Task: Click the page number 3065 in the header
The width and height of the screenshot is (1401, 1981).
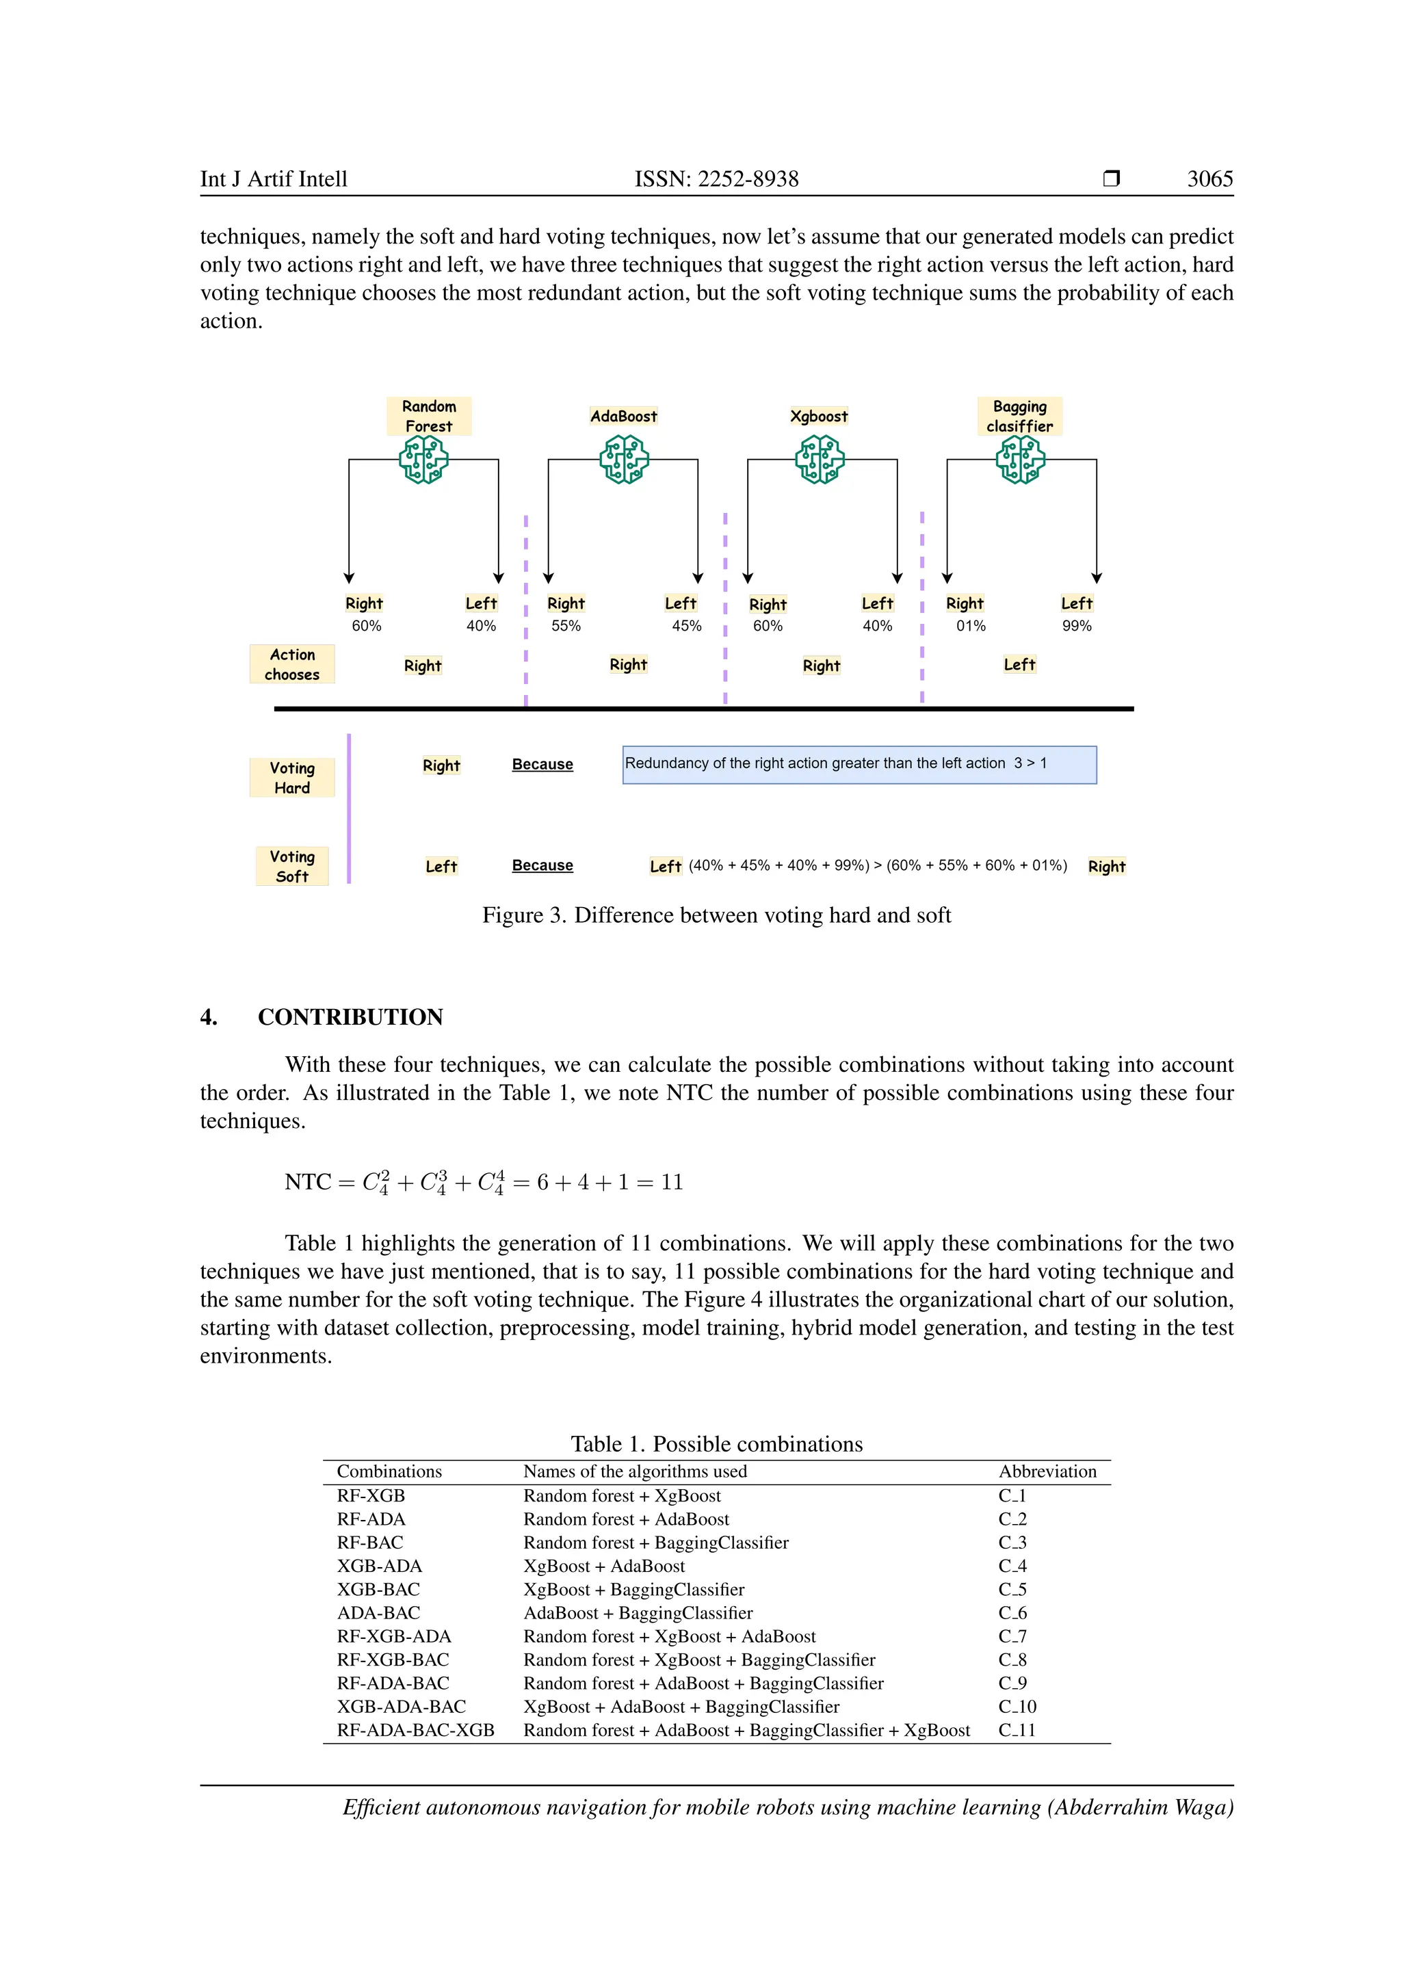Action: tap(1209, 179)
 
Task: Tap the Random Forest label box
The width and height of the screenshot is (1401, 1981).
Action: tap(429, 416)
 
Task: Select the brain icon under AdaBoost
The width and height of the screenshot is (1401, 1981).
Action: tap(624, 459)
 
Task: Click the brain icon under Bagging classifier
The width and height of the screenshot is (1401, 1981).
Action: tap(1020, 459)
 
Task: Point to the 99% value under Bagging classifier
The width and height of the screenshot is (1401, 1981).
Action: tap(1077, 625)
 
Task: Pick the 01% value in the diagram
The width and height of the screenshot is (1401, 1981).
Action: tap(971, 625)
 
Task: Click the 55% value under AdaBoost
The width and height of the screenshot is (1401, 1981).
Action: tap(566, 625)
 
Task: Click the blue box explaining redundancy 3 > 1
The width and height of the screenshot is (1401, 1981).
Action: tap(859, 765)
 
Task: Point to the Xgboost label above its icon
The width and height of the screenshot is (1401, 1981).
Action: tap(819, 416)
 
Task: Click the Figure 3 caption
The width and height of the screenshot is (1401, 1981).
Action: tap(716, 915)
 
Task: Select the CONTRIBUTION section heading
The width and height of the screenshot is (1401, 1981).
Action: tap(350, 1017)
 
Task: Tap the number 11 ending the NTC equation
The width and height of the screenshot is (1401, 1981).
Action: tap(672, 1182)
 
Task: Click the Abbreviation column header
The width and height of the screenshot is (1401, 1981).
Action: tap(1047, 1472)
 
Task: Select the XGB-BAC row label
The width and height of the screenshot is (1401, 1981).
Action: tap(379, 1589)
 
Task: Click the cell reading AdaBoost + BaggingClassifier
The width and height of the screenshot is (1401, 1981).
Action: tap(638, 1612)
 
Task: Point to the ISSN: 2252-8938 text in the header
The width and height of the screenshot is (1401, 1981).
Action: tap(716, 179)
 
